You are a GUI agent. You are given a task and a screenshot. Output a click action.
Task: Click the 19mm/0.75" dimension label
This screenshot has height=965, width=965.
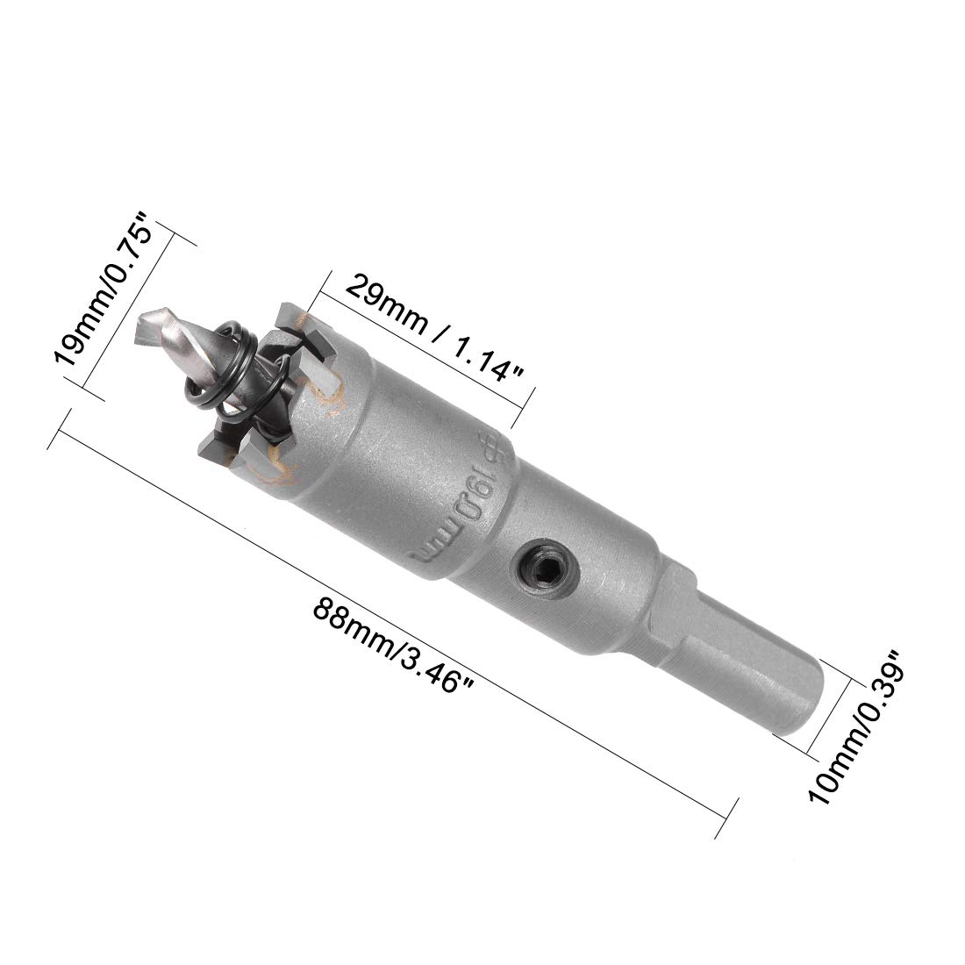pyautogui.click(x=103, y=289)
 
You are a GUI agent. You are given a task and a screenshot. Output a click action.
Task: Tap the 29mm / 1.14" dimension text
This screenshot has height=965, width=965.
pyautogui.click(x=434, y=329)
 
